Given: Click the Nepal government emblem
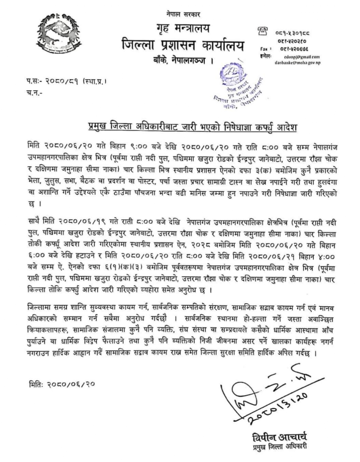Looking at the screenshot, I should tap(60, 33).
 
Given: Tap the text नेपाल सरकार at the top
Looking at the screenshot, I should tap(182, 14).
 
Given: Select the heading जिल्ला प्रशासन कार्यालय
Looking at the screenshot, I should tap(183, 46).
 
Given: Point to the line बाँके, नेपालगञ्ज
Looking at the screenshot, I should tap(184, 61).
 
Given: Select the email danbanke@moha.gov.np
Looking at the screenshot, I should tap(297, 63).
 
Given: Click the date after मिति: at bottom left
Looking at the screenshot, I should tap(71, 383).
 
